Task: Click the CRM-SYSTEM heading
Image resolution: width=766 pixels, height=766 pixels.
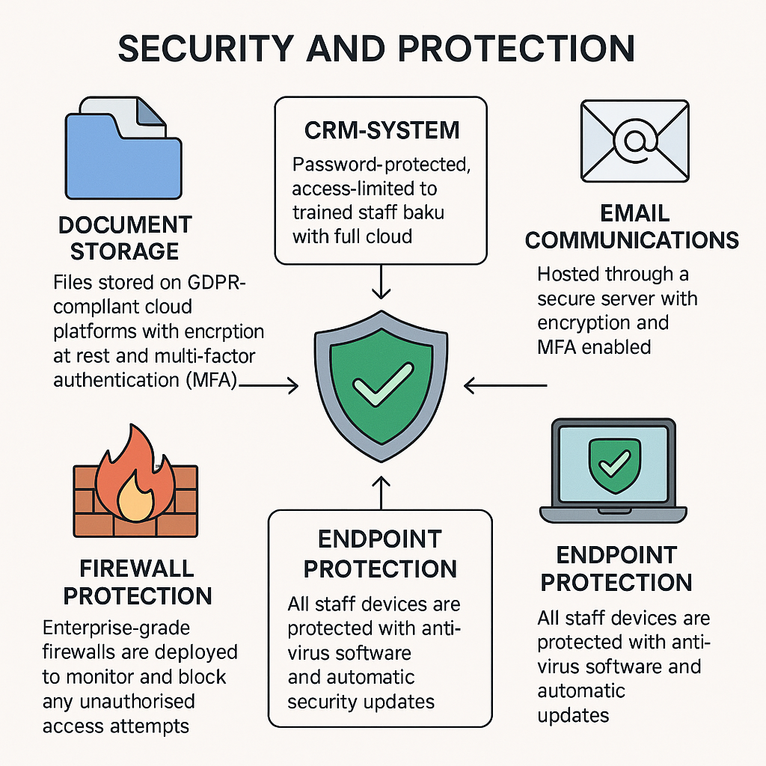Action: coord(382,130)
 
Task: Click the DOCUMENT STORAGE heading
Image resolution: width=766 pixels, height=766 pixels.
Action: coord(126,236)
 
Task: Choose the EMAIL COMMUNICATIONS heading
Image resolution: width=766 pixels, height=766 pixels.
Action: coord(632,227)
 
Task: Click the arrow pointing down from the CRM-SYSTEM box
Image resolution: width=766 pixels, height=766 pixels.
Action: coord(382,283)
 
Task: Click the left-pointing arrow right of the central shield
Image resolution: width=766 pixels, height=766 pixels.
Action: coord(506,385)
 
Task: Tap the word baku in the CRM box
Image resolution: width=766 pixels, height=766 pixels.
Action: coord(424,212)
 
